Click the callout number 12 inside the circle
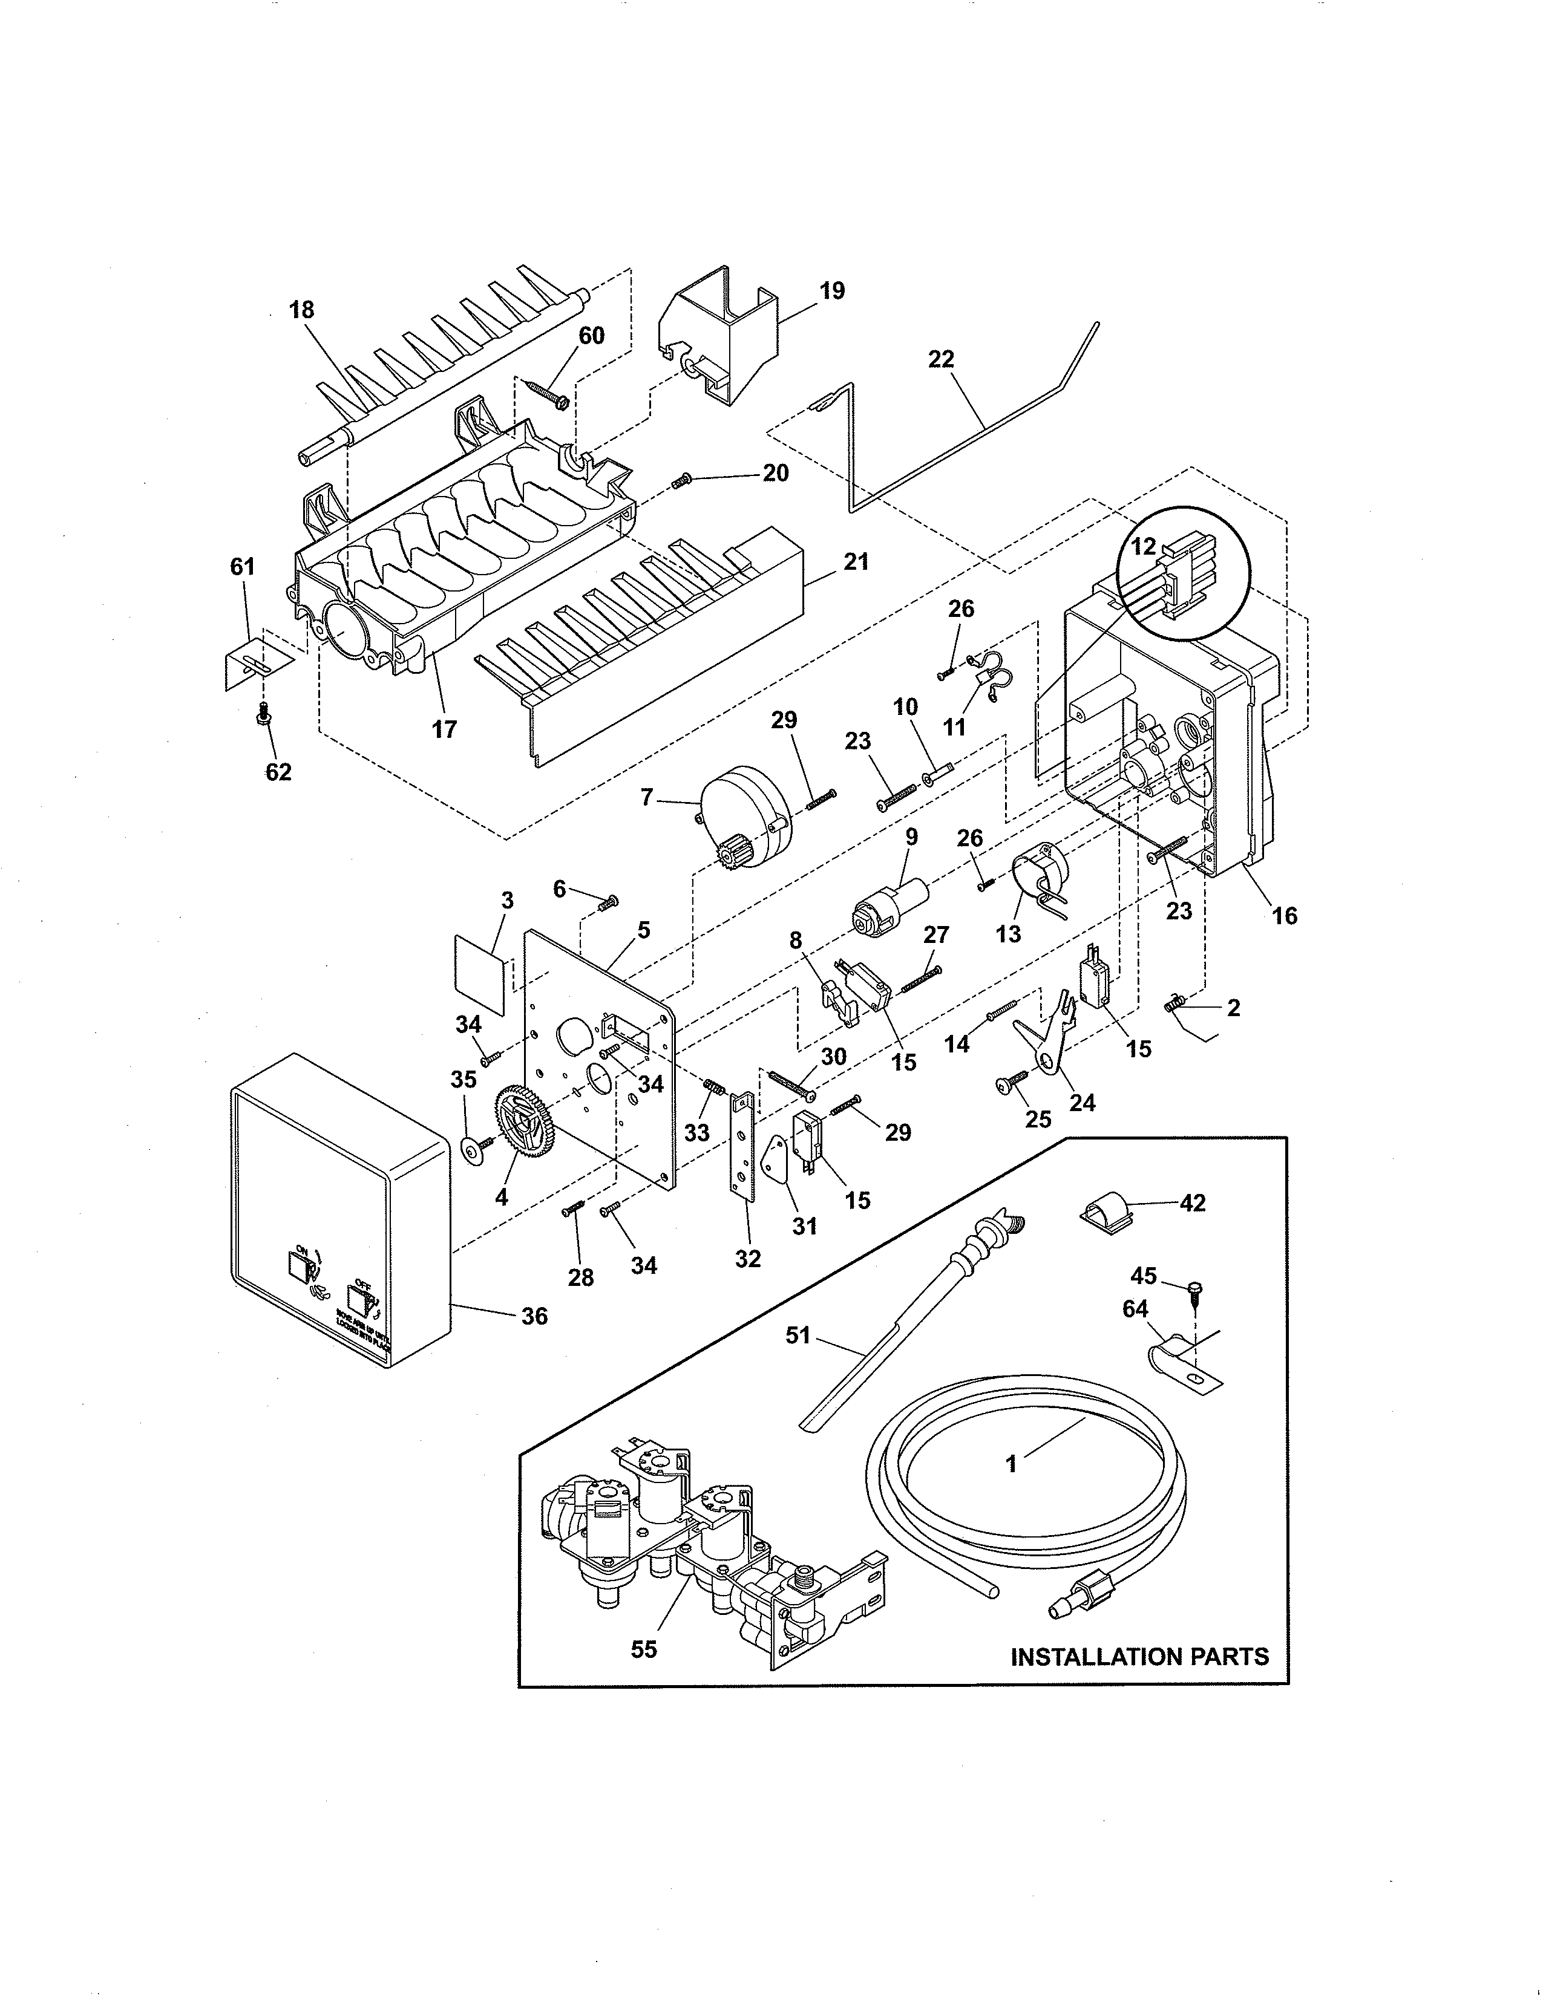(x=1144, y=547)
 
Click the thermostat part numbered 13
(x=1040, y=876)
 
